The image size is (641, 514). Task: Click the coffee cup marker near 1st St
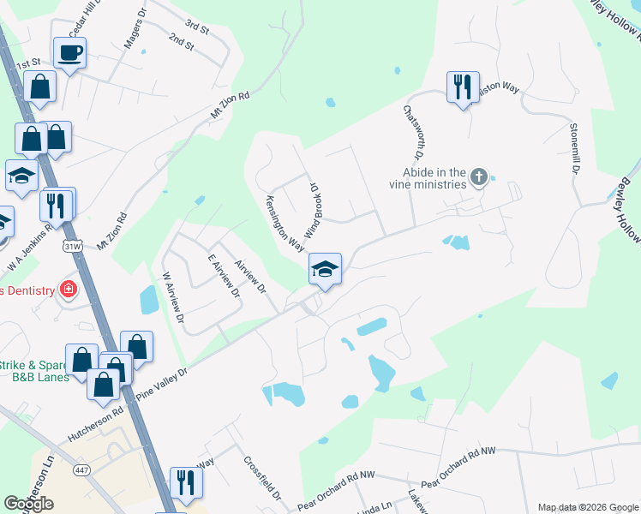click(69, 54)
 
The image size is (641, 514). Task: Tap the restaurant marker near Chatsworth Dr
click(462, 87)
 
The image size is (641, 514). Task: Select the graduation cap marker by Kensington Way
click(326, 269)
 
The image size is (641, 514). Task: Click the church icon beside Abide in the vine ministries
click(479, 177)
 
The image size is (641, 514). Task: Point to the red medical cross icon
click(68, 290)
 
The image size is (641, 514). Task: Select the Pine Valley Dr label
click(161, 381)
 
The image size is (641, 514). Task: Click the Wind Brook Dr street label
click(312, 209)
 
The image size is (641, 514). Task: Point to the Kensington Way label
click(284, 220)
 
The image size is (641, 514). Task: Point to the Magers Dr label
click(135, 32)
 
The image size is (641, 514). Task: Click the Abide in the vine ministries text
click(436, 177)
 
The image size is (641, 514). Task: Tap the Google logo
click(29, 504)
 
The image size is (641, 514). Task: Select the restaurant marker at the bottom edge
click(184, 483)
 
